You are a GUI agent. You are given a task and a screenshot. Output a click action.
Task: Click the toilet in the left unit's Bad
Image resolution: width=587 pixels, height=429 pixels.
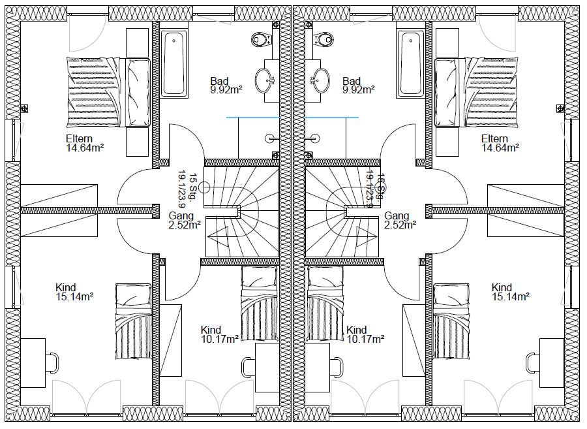pos(262,40)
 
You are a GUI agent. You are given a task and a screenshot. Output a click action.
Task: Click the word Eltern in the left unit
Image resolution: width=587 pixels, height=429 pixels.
pos(79,138)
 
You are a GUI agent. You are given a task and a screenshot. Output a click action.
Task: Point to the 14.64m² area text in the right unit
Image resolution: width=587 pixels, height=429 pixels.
pos(500,148)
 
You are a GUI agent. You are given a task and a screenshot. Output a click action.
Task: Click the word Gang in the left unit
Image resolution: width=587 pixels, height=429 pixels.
pos(180,215)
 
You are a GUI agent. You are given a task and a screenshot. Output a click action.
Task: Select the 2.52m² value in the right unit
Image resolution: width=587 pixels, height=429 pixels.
pos(400,225)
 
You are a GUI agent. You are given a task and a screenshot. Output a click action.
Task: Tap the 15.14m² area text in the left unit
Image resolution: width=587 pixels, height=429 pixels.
pos(74,296)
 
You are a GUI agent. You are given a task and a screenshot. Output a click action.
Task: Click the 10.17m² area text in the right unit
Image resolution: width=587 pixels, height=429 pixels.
pos(365,339)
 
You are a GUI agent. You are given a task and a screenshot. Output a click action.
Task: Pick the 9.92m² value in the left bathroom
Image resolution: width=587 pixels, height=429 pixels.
pos(226,90)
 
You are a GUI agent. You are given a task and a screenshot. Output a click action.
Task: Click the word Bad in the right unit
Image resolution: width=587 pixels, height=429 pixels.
pos(351,81)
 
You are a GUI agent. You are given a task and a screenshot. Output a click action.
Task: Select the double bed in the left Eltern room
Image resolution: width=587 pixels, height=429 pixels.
pos(109,91)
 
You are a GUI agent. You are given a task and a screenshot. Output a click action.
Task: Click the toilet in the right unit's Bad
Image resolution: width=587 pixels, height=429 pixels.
pos(325,40)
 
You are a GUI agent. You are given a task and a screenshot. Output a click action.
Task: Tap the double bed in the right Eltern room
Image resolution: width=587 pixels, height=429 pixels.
pos(477,91)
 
